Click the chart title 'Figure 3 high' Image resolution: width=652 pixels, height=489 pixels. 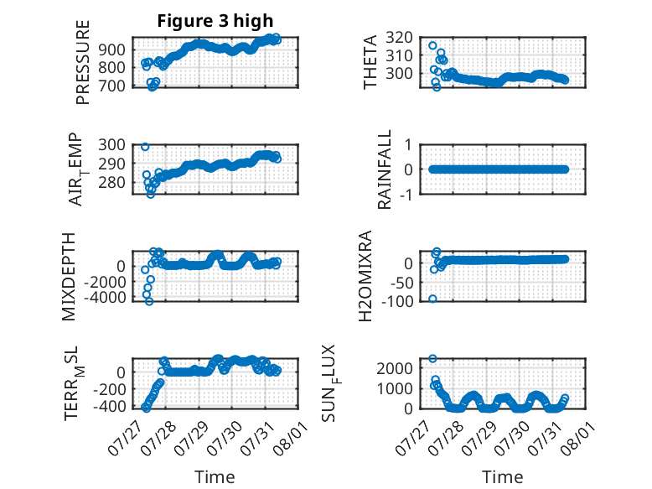pyautogui.click(x=215, y=21)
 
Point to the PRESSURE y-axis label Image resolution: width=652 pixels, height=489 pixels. pyautogui.click(x=83, y=62)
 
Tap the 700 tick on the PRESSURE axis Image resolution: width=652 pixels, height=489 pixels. pyautogui.click(x=111, y=86)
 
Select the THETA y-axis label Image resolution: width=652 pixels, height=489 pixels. pyautogui.click(x=370, y=62)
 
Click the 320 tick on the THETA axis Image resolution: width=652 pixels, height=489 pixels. pyautogui.click(x=399, y=38)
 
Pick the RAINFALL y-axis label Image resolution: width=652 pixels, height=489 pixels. pyautogui.click(x=385, y=169)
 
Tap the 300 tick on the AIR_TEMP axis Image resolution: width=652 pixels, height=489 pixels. pyautogui.click(x=111, y=145)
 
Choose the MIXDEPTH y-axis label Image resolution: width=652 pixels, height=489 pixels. pyautogui.click(x=69, y=277)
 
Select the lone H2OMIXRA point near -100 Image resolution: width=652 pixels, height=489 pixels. pyautogui.click(x=432, y=299)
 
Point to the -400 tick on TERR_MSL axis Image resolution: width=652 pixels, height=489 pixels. pyautogui.click(x=109, y=406)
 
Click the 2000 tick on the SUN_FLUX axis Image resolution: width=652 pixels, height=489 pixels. pyautogui.click(x=394, y=368)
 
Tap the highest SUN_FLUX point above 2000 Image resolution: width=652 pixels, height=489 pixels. pyautogui.click(x=432, y=359)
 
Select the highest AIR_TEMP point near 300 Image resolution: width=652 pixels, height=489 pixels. pyautogui.click(x=145, y=147)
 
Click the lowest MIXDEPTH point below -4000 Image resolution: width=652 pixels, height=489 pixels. pyautogui.click(x=149, y=302)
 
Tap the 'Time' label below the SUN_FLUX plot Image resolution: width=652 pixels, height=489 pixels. pyautogui.click(x=502, y=477)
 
